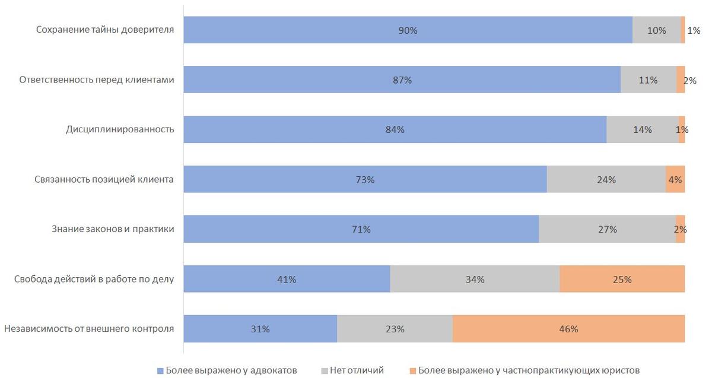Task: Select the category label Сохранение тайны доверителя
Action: tap(105, 30)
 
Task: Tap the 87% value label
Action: tap(402, 80)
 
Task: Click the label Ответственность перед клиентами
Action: tap(97, 80)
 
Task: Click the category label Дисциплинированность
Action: tap(120, 130)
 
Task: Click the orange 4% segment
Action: tap(675, 180)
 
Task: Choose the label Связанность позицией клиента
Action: tap(104, 180)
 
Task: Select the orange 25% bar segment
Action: tap(622, 279)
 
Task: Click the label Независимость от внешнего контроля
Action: tap(89, 329)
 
